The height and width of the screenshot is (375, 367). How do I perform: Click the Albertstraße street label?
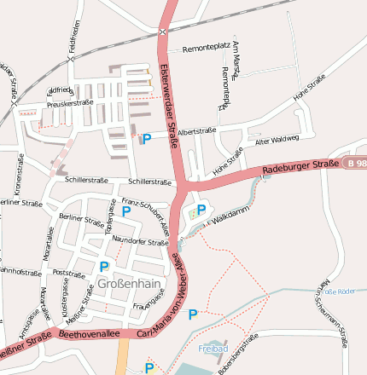(x=196, y=130)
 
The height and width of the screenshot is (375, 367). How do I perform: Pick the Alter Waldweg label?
(x=277, y=139)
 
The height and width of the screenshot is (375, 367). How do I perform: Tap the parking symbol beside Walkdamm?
(x=201, y=210)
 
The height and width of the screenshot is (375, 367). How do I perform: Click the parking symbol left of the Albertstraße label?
(x=146, y=139)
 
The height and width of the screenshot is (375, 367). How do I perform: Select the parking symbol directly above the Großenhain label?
(x=104, y=267)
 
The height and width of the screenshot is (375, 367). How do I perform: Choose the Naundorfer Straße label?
(x=140, y=242)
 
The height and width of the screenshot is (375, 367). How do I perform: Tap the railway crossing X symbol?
(x=162, y=32)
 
